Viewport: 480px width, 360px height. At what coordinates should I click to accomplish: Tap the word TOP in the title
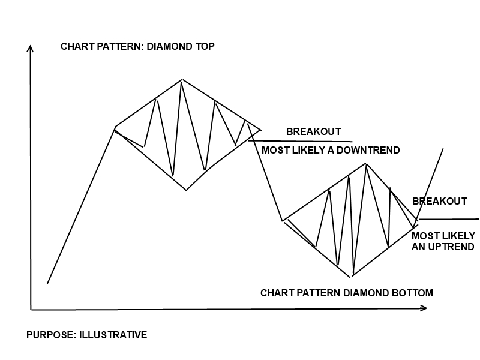(x=205, y=47)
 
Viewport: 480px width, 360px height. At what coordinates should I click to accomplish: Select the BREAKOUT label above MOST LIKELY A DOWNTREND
(x=313, y=131)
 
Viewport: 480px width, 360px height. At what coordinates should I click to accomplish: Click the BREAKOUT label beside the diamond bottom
(x=440, y=201)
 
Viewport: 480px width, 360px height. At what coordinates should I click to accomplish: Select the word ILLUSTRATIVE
(x=113, y=335)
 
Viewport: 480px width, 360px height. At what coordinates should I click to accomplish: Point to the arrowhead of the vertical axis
(x=30, y=49)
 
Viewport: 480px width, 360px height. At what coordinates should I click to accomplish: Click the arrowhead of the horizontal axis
(x=424, y=308)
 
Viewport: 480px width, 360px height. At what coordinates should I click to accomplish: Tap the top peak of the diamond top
(x=182, y=80)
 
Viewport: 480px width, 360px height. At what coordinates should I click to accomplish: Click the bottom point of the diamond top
(x=186, y=190)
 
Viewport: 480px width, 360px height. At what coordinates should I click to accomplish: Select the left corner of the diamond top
(x=115, y=127)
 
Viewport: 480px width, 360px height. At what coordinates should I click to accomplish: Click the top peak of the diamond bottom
(x=366, y=164)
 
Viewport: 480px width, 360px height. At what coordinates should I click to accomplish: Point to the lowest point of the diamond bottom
(x=350, y=277)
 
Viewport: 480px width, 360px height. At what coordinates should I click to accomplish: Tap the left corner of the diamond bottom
(x=282, y=220)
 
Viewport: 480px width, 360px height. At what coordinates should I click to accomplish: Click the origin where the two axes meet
(x=31, y=310)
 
